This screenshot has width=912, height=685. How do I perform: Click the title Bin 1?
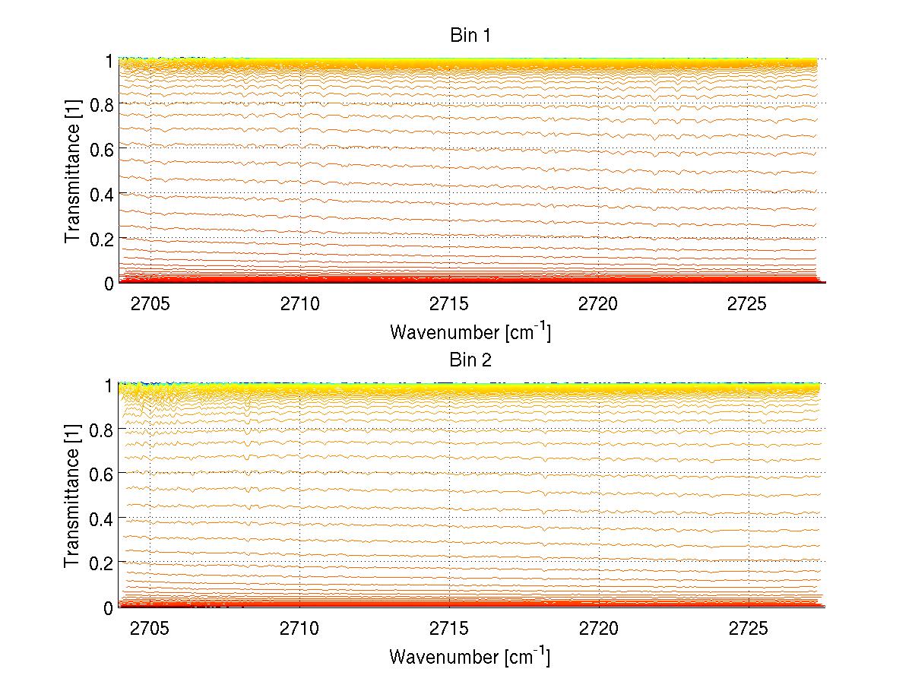tap(470, 36)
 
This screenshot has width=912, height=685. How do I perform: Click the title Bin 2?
tap(470, 360)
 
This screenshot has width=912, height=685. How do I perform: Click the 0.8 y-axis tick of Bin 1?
tap(103, 104)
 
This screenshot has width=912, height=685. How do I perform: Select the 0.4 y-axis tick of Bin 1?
tap(103, 194)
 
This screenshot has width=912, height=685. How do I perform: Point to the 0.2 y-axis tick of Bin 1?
tap(103, 239)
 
